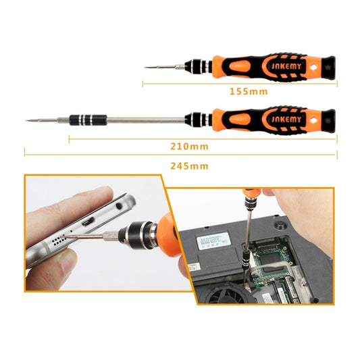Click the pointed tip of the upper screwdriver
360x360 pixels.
point(145,66)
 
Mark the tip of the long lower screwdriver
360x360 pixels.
point(26,121)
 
